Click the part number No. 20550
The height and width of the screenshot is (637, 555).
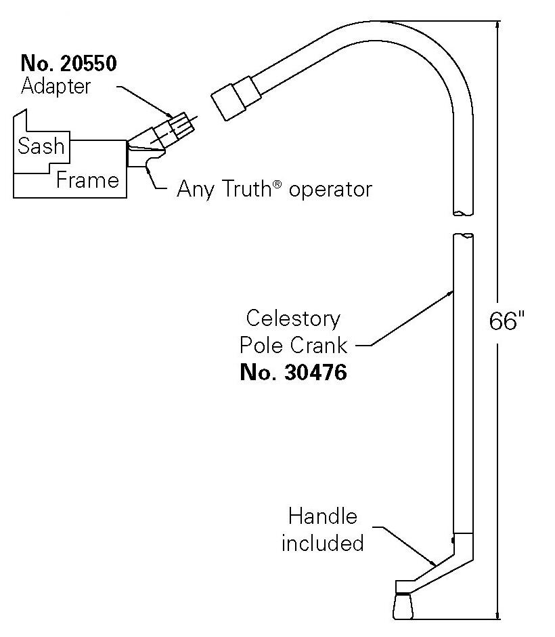pos(69,64)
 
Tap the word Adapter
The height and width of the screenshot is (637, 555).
pos(56,87)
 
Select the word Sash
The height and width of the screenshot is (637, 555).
pos(41,146)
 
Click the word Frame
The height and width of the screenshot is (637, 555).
pos(88,180)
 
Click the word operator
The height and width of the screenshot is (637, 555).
pos(330,189)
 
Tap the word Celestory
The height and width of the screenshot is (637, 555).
pos(293,318)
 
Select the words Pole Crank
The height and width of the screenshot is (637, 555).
pos(293,346)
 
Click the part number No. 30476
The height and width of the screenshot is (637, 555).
pos(293,372)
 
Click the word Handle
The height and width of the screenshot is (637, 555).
pos(322,516)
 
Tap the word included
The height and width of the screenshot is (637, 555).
pos(322,543)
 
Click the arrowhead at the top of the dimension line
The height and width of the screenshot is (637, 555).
pos(499,25)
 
